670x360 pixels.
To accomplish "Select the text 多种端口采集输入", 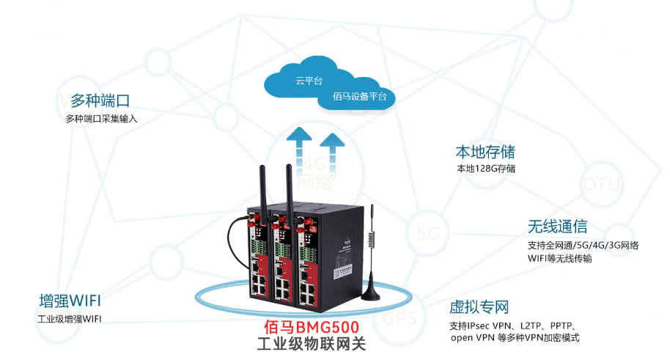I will pos(101,118).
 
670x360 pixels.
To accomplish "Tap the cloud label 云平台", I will pos(309,81).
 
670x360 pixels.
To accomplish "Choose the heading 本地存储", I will pos(485,152).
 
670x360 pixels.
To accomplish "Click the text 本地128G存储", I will pos(485,169).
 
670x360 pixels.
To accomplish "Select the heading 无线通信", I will pos(557,227).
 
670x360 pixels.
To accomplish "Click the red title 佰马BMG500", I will pos(314,328).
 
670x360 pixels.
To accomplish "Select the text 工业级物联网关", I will pos(314,344).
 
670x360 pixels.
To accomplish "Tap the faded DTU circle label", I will pos(601,184).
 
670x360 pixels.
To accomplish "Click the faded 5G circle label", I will pos(427,233).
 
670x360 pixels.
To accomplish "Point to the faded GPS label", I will pos(400,320).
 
